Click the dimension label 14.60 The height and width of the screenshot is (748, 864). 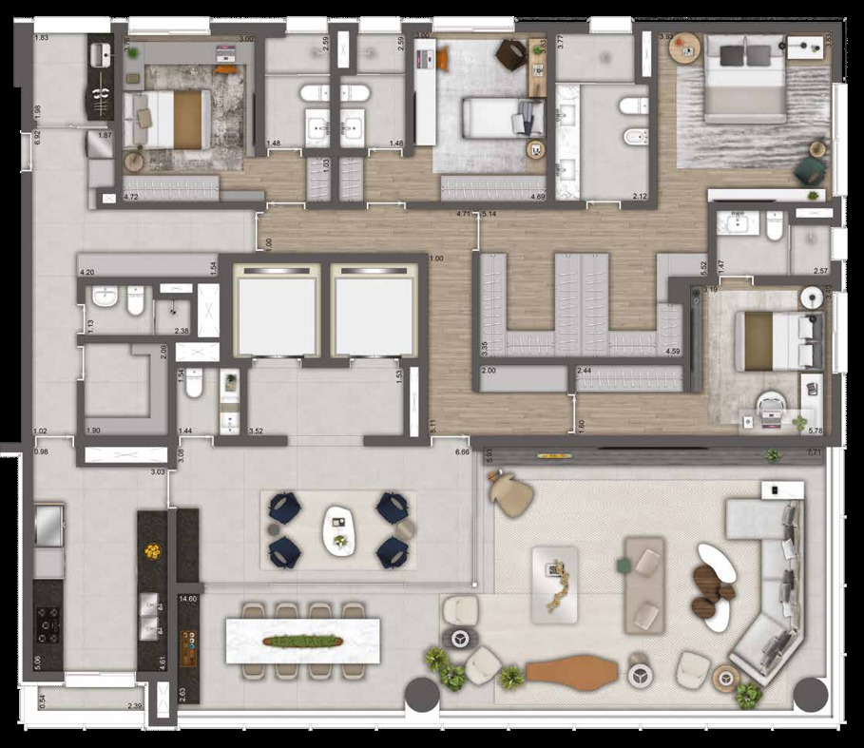187,599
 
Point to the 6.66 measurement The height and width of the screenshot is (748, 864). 463,451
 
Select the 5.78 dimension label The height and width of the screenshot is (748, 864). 815,430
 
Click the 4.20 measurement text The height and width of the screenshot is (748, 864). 87,273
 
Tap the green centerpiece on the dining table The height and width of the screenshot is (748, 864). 302,642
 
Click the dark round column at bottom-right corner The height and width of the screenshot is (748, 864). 809,696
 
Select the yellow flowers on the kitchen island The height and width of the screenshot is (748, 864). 152,550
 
